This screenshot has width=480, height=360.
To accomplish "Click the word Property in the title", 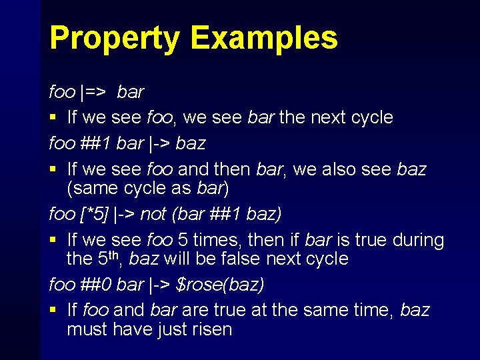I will click(x=114, y=38).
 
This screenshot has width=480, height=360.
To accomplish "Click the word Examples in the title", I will click(x=264, y=38).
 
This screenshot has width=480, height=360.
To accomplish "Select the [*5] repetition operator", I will click(x=93, y=214).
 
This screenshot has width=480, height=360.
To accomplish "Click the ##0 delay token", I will click(x=97, y=285).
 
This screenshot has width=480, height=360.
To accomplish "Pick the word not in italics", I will click(x=153, y=214).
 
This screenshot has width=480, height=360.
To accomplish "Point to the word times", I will click(x=207, y=239).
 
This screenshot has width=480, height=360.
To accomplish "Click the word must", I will click(x=88, y=329).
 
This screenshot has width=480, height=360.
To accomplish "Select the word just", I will click(x=167, y=329).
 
